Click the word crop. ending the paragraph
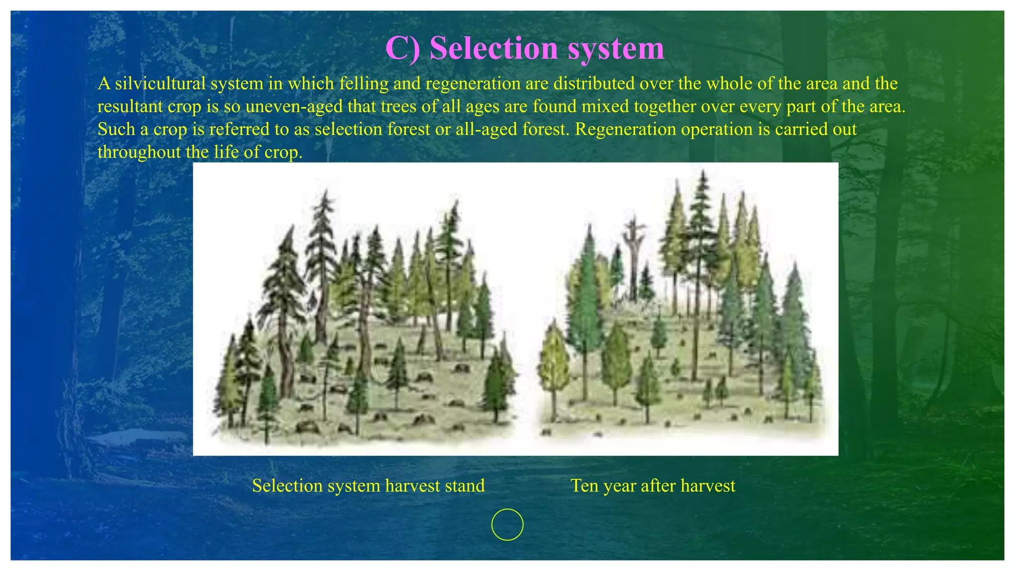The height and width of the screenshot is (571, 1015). pos(284,152)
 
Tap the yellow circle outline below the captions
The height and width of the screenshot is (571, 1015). pos(507,524)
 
